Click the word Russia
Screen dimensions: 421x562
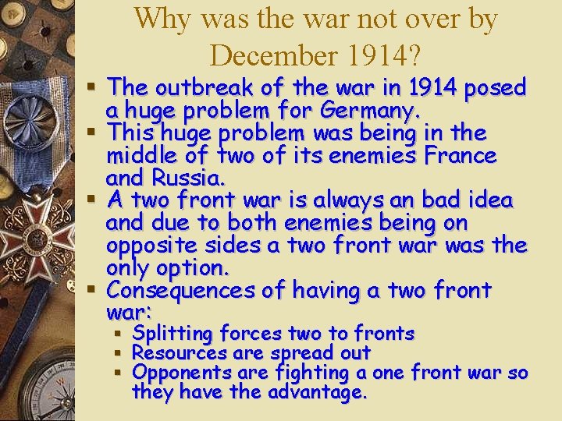tap(181, 178)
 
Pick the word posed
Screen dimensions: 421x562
tap(496, 87)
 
